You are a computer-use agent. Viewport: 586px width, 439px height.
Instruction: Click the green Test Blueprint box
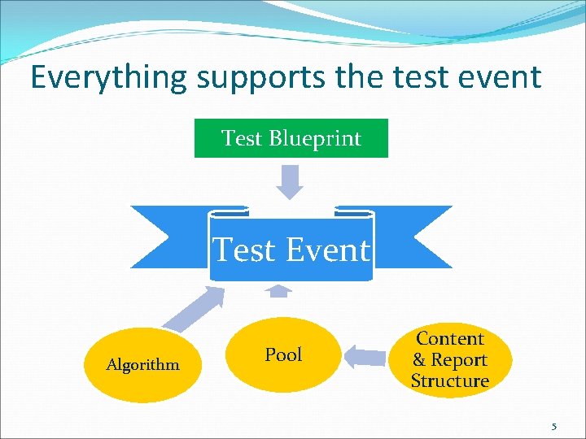(x=291, y=138)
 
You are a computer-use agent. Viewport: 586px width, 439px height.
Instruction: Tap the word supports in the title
(x=261, y=77)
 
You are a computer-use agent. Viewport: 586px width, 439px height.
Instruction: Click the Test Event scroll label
(x=291, y=250)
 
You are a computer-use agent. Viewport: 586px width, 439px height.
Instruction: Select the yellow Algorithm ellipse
(x=142, y=365)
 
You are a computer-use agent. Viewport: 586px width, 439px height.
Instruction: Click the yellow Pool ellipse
(x=283, y=355)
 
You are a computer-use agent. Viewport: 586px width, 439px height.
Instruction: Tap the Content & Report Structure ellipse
(x=449, y=359)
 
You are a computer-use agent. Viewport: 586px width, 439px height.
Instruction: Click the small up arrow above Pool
(x=279, y=289)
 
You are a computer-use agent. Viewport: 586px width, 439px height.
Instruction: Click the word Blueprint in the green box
(x=324, y=138)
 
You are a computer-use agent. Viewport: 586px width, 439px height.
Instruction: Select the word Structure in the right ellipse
(x=449, y=380)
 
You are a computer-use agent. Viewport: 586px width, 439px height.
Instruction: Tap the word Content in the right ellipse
(x=450, y=338)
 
